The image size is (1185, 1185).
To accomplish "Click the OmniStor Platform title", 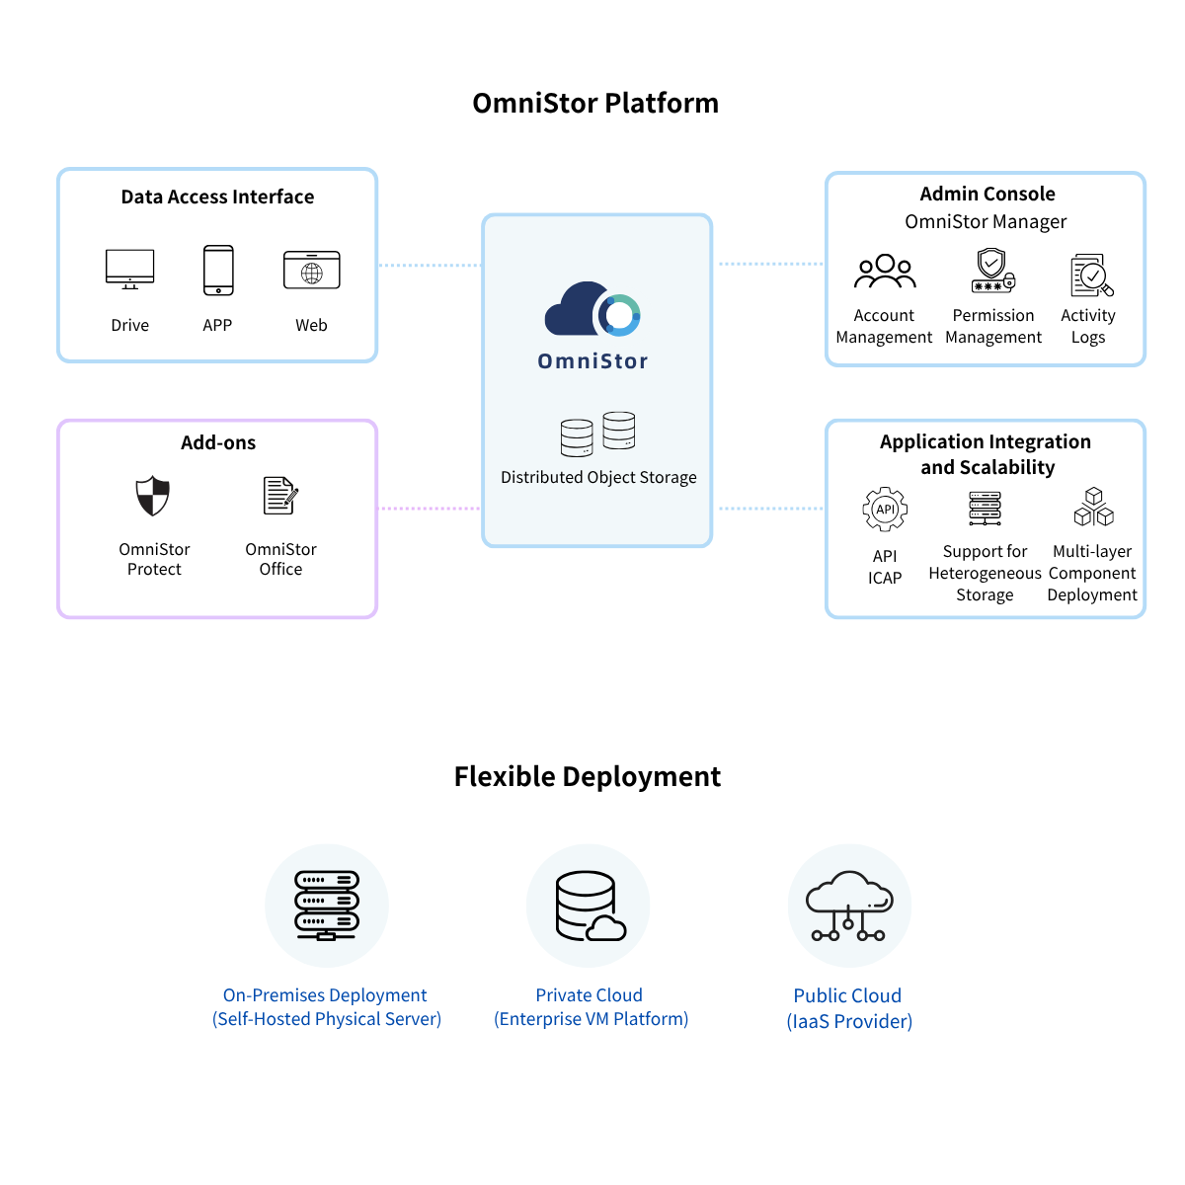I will click(595, 104).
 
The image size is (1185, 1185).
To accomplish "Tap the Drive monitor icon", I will click(130, 269).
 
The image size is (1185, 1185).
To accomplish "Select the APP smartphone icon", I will click(218, 271).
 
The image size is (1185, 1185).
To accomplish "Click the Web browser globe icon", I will click(312, 271).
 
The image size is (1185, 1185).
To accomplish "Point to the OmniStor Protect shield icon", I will click(153, 496).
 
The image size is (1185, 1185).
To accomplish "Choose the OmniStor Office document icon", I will click(280, 496).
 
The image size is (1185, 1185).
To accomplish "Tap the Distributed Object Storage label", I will click(598, 478).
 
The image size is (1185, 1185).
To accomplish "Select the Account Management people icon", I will click(885, 272).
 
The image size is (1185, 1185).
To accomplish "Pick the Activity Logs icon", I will click(1091, 276).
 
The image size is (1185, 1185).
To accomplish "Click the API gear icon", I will click(885, 511).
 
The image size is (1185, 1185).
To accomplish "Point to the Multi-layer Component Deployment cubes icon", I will click(1093, 508).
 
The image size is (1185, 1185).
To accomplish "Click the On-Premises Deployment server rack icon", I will click(327, 906).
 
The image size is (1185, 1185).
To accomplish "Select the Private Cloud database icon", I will click(589, 906).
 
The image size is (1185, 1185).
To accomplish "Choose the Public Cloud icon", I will click(849, 906).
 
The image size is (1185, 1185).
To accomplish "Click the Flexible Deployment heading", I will click(588, 777).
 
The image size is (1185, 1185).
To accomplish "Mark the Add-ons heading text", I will click(218, 443).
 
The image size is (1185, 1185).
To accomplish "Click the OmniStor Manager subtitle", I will click(986, 222).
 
